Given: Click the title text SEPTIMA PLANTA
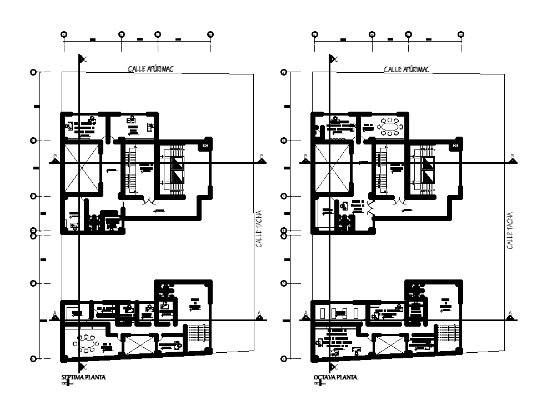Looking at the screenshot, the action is [83, 377].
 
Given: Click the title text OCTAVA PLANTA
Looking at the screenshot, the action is [335, 377].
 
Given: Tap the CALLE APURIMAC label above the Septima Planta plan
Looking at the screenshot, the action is [151, 69].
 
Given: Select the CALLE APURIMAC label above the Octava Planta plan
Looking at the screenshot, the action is [407, 69].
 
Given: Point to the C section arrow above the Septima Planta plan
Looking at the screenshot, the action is [82, 59].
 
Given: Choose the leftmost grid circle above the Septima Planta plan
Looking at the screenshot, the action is [64, 34].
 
